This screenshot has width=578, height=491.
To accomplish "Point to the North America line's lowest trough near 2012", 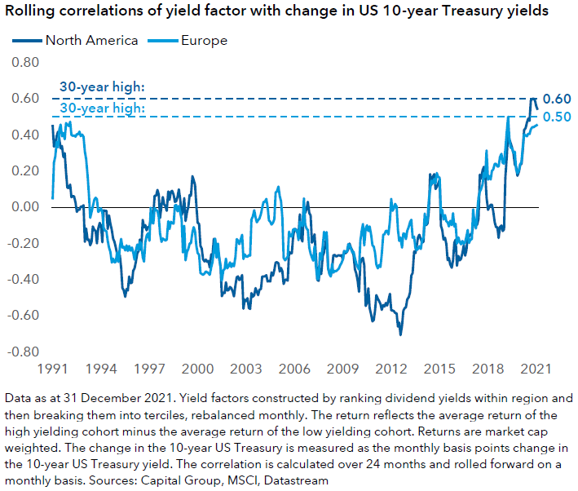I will (400, 334).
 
